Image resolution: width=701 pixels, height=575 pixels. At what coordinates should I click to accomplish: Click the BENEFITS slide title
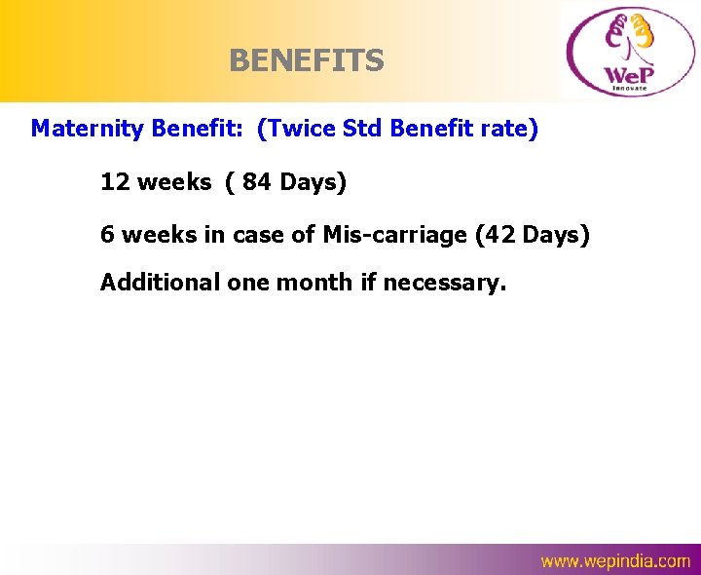click(307, 61)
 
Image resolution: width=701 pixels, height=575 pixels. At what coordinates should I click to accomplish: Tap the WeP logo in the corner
click(627, 51)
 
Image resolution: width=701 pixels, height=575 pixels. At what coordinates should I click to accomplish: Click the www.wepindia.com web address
click(615, 560)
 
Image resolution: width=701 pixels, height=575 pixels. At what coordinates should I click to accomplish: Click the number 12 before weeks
click(115, 181)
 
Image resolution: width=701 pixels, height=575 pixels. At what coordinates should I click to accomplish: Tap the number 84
click(257, 181)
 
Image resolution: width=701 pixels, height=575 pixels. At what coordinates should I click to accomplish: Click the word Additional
click(161, 283)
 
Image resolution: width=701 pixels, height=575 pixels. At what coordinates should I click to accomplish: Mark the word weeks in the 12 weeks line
click(173, 181)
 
